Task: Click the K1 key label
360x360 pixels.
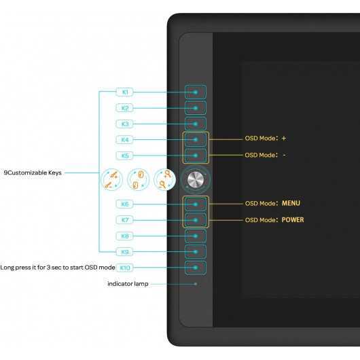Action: click(125, 92)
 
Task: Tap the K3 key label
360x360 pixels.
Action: click(125, 124)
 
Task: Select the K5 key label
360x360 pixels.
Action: click(125, 156)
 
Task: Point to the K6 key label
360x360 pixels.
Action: click(125, 204)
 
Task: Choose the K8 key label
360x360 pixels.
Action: click(125, 236)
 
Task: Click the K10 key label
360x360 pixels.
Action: click(125, 268)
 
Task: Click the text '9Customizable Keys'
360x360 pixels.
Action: click(33, 173)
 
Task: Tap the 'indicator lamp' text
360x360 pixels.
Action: click(128, 284)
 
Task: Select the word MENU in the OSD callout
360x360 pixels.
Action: click(291, 203)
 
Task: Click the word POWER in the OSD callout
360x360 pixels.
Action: click(293, 220)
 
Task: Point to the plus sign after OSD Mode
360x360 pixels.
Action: click(284, 138)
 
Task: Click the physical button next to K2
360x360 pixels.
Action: click(196, 108)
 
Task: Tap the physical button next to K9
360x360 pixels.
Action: click(196, 251)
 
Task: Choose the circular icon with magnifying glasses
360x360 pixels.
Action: click(164, 179)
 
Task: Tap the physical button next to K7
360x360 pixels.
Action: click(196, 220)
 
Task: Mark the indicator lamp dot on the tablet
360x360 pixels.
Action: click(196, 284)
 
